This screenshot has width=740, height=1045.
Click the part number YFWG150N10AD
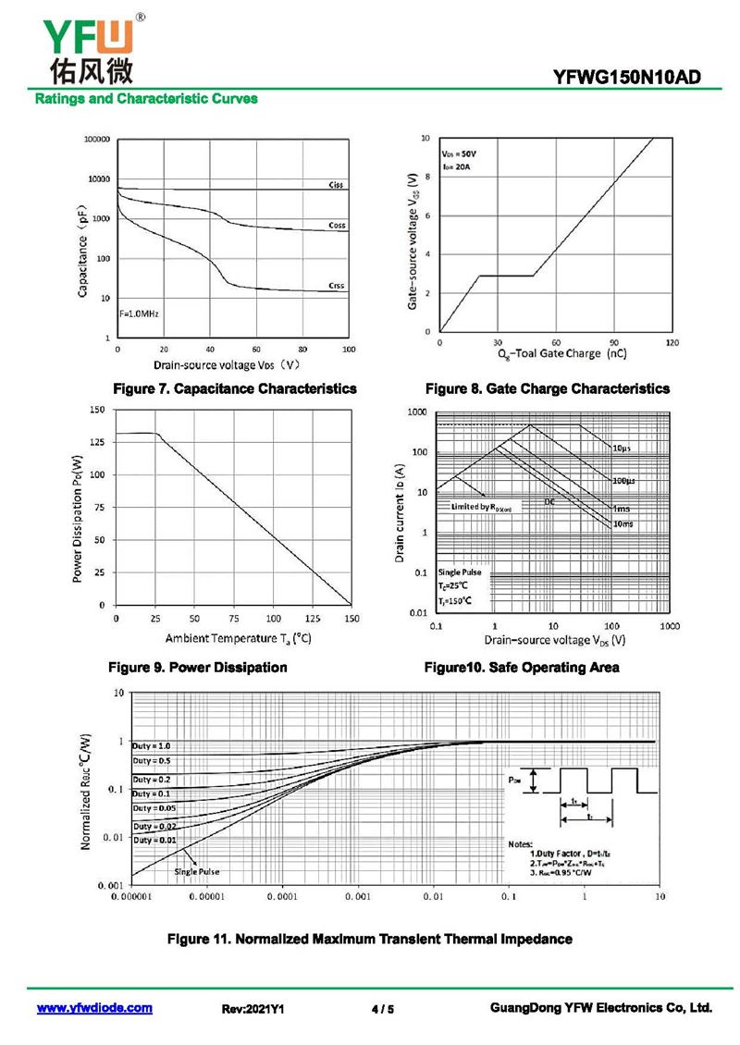(x=639, y=79)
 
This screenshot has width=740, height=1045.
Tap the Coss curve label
(x=337, y=226)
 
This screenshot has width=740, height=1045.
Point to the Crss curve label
(x=336, y=286)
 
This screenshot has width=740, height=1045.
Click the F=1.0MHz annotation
(x=140, y=314)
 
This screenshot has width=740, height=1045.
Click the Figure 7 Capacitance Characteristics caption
(x=234, y=388)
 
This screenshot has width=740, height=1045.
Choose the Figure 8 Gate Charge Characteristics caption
(x=548, y=388)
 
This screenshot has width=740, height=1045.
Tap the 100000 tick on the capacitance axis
(x=98, y=139)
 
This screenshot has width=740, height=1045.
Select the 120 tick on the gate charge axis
(x=672, y=342)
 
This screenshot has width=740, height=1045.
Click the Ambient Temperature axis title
(x=238, y=638)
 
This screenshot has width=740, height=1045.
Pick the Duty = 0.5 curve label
(x=151, y=760)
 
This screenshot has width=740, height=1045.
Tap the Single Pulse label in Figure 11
(x=197, y=871)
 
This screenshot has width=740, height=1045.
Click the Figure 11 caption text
(x=369, y=939)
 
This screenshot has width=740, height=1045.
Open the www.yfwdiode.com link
(x=94, y=1008)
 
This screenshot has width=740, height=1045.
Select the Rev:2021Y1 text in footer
(x=253, y=1009)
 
